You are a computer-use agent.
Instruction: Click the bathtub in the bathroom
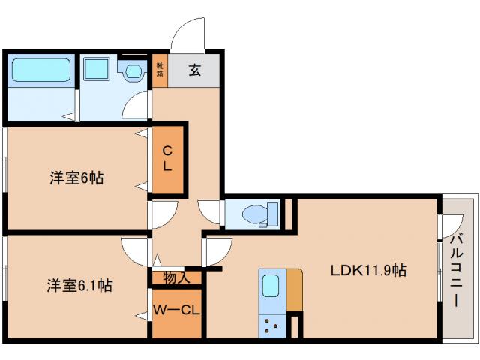[41, 71]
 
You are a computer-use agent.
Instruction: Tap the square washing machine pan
[97, 70]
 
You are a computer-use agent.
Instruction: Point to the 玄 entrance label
[194, 71]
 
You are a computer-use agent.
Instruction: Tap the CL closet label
[168, 158]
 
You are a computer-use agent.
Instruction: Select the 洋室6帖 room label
[76, 178]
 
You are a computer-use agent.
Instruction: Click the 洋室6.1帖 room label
[79, 285]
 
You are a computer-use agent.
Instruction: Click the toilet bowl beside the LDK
[255, 213]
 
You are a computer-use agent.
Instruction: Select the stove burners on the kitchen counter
[271, 325]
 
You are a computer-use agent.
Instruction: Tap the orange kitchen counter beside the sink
[294, 289]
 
